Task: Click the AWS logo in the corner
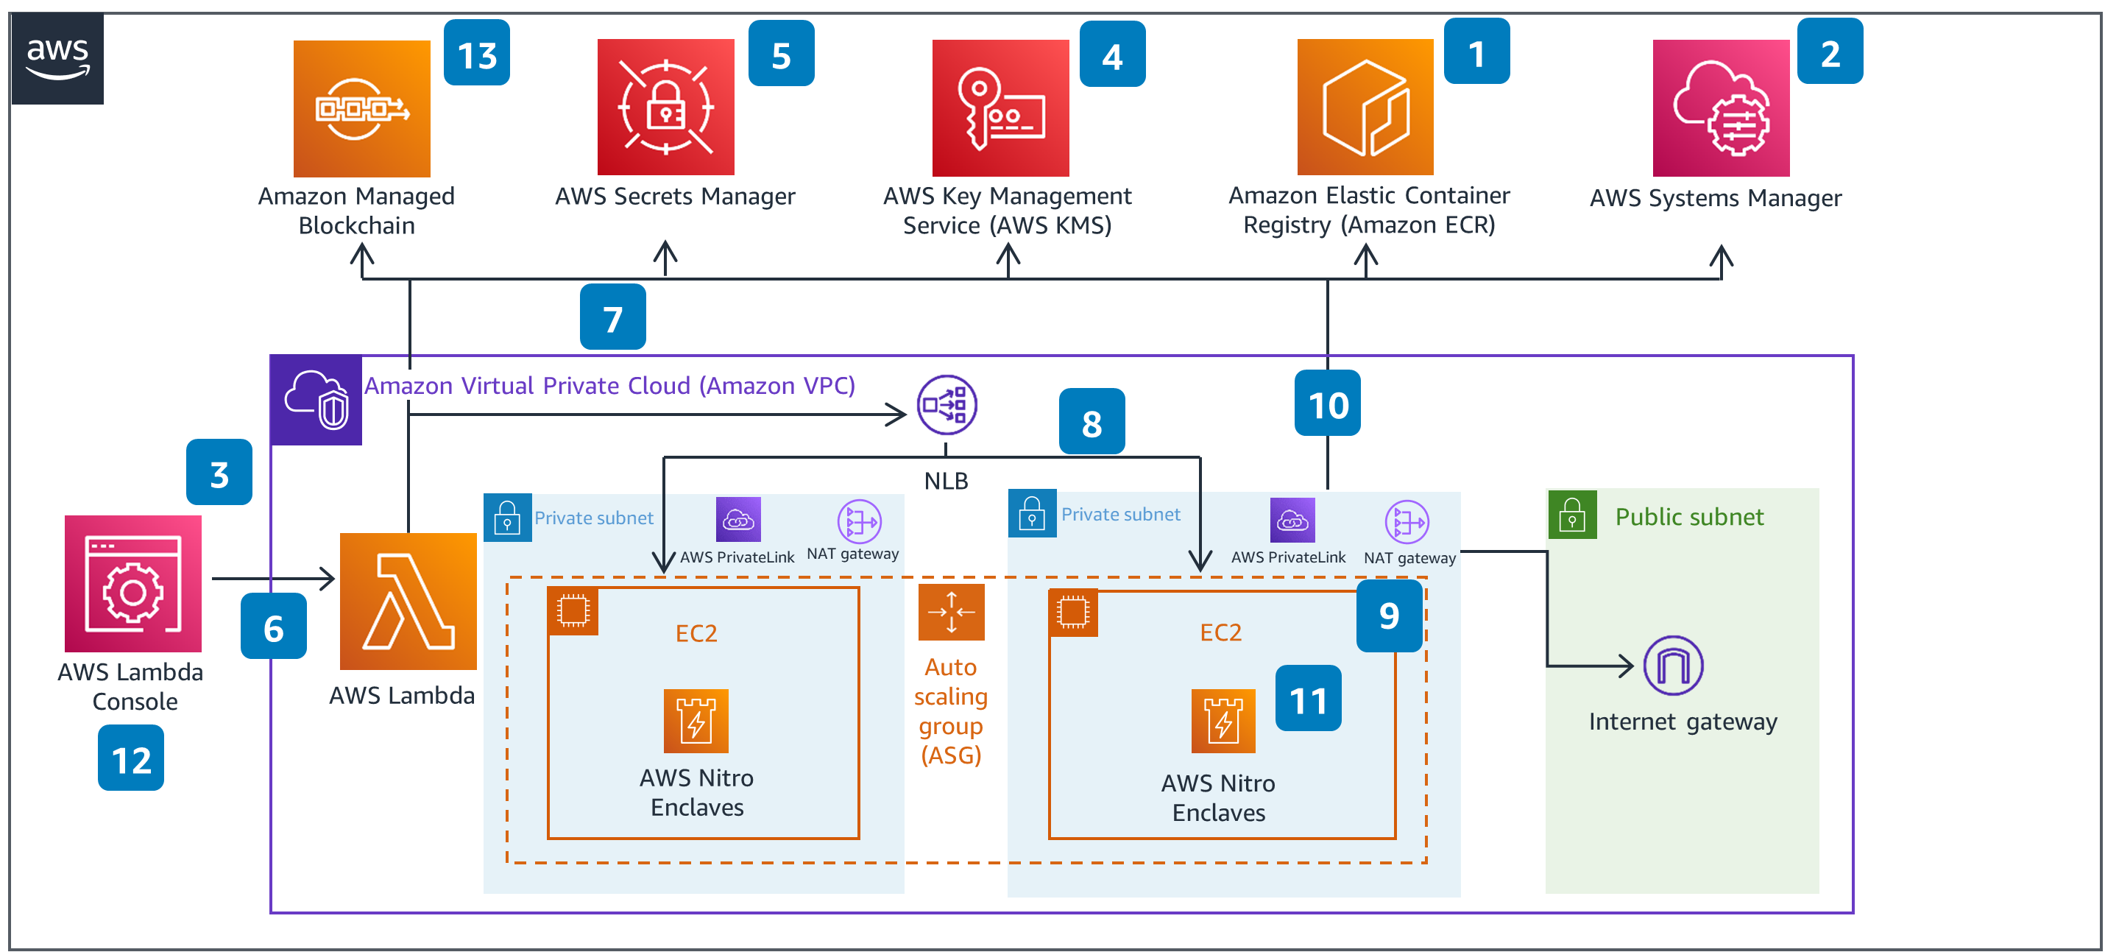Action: click(57, 58)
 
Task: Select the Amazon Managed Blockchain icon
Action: click(361, 108)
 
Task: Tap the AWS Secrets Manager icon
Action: click(665, 107)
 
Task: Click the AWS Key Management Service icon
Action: click(1000, 108)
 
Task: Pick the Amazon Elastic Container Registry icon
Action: click(1365, 107)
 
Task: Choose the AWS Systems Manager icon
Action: click(1720, 108)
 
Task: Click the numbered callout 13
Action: click(476, 54)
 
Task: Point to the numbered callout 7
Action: click(612, 317)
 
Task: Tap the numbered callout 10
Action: click(1327, 403)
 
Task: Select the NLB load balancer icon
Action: click(947, 404)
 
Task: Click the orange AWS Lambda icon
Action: click(408, 602)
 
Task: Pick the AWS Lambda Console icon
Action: click(133, 583)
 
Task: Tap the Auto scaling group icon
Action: click(950, 611)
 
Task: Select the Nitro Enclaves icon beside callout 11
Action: click(1223, 721)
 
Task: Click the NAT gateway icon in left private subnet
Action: click(859, 521)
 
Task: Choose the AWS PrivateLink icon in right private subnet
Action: click(1292, 520)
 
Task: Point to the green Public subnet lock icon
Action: click(1571, 515)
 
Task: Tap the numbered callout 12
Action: click(131, 759)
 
